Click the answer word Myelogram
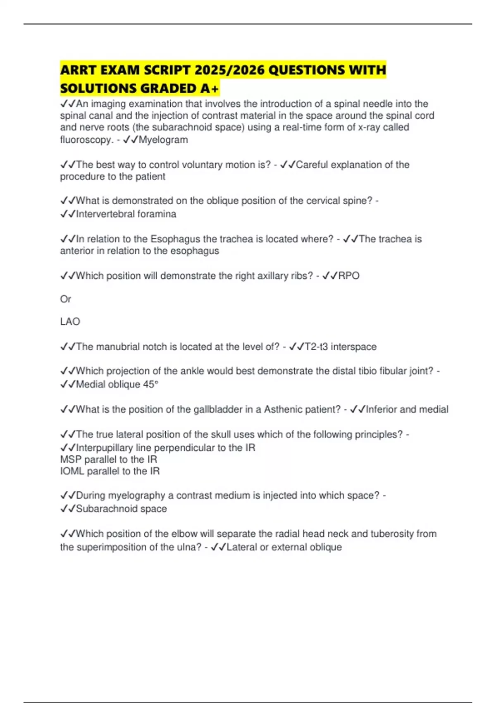coord(163,140)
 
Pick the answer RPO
coord(349,276)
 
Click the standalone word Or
coord(65,299)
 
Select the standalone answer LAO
coord(70,322)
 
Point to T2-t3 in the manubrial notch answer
coord(316,347)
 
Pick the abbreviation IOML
coord(72,471)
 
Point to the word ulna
coord(190,547)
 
